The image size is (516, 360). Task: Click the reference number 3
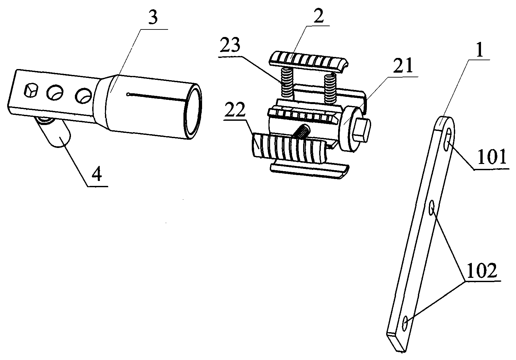[153, 18]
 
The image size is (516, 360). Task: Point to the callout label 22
[235, 111]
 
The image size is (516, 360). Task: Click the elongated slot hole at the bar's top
[448, 140]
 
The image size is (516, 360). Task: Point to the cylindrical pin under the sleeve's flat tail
[55, 132]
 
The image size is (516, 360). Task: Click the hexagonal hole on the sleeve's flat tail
[31, 91]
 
